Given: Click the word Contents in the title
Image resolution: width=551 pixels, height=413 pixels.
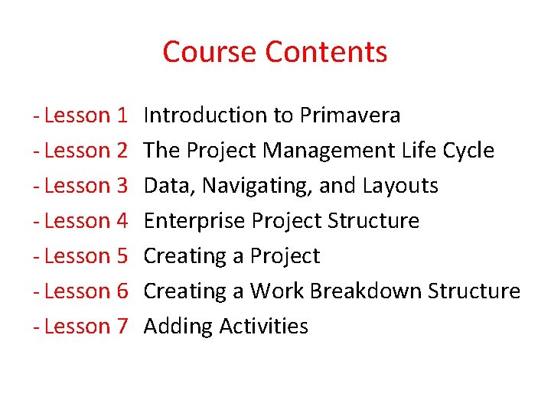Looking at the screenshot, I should coord(326,52).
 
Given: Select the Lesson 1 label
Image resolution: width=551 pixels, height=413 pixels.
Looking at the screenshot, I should coord(85,115).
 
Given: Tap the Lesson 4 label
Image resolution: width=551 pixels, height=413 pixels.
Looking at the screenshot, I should coord(85,221).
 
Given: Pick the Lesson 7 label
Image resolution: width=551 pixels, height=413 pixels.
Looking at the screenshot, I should coord(85,327).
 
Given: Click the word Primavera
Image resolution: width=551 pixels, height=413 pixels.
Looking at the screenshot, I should coord(350,115).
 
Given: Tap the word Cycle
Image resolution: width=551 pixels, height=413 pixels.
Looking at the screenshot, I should coord(468,151).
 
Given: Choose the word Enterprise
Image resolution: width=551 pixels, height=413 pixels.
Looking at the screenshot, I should coord(194,222).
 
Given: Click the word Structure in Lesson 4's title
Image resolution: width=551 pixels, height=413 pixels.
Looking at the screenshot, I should coord(373,221).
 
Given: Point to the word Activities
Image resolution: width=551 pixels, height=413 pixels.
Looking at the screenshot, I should coord(263,327).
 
